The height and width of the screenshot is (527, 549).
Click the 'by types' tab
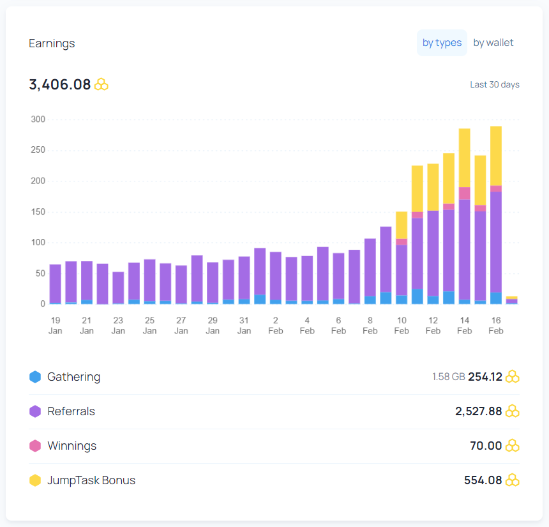coord(442,43)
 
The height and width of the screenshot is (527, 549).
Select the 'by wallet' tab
coord(493,43)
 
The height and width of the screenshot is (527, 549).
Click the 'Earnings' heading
coord(52,43)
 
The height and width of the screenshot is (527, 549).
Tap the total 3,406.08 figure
coord(60,84)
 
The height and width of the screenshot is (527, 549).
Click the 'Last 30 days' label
coord(495,84)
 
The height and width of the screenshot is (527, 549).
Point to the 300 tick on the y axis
coord(38,119)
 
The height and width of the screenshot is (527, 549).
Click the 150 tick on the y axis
coord(38,211)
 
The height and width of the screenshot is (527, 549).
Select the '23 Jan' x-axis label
coord(118,326)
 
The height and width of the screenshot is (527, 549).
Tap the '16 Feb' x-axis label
coord(496,326)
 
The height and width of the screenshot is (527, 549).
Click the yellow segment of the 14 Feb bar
coord(465,158)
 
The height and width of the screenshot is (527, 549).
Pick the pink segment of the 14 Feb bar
coord(465,194)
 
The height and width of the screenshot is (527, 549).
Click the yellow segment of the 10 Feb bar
coord(402,225)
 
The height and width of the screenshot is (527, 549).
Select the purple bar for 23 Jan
coord(118,287)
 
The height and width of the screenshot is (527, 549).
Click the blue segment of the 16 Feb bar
coord(496,298)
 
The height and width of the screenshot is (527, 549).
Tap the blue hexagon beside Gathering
coord(35,377)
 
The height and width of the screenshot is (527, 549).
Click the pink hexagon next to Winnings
coord(35,446)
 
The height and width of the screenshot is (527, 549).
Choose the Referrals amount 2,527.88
coord(478,411)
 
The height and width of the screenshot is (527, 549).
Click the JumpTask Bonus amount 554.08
coord(483,480)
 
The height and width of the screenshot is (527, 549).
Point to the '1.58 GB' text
coord(449,377)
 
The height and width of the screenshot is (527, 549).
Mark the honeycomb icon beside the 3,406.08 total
coord(102,84)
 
